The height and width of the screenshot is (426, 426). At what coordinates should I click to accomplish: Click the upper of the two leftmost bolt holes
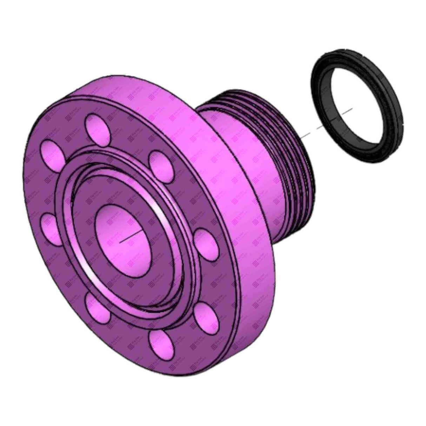click(51, 153)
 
